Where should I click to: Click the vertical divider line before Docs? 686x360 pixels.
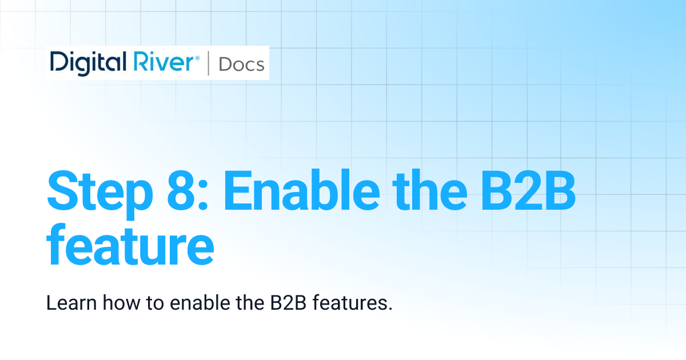pos(209,63)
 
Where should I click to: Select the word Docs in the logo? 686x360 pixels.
pos(241,64)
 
